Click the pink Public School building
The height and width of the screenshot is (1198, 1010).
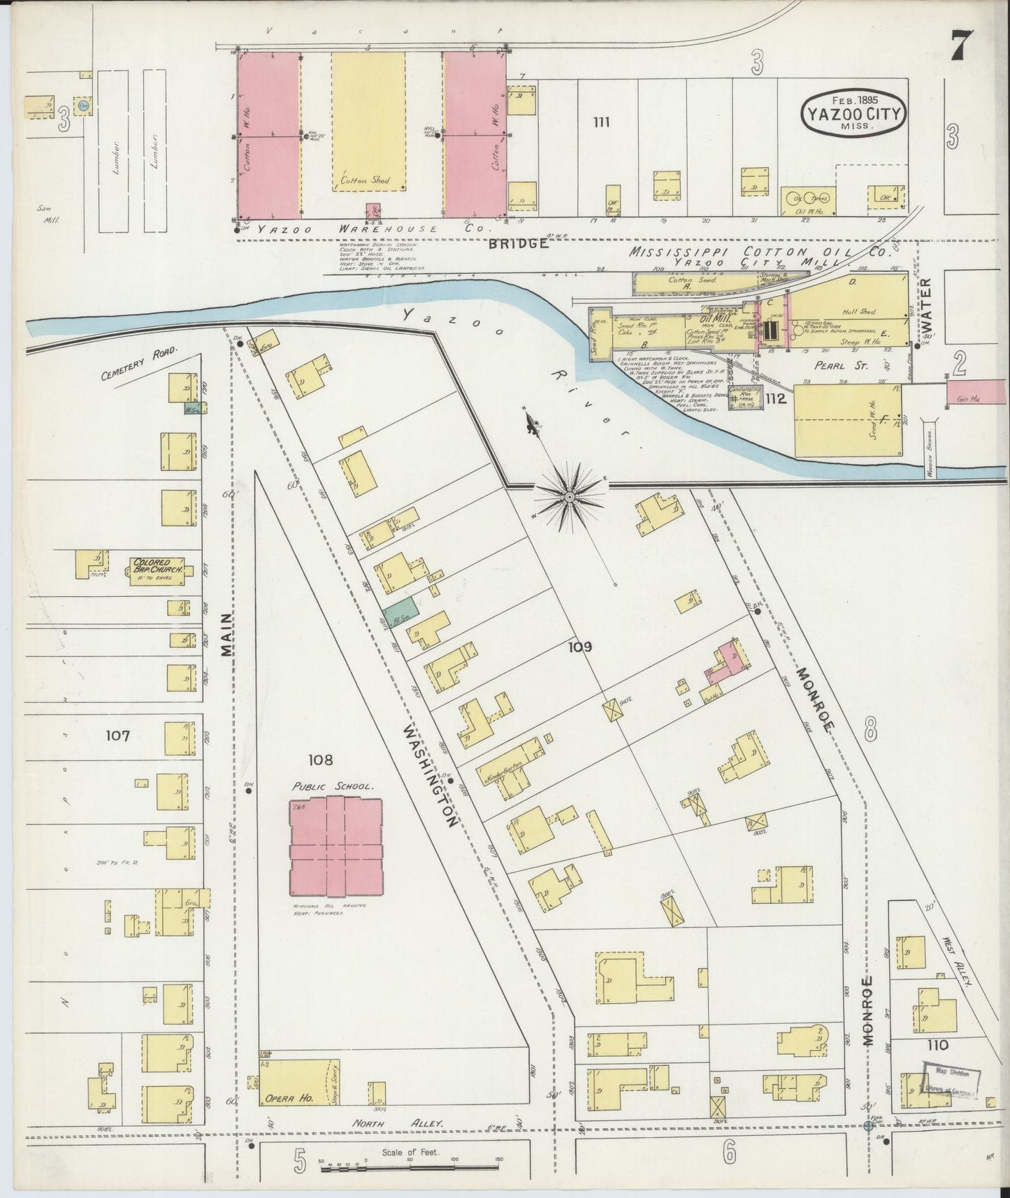(336, 846)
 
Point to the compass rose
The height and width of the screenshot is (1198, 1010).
(570, 496)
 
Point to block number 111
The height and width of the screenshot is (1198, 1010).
(601, 122)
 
